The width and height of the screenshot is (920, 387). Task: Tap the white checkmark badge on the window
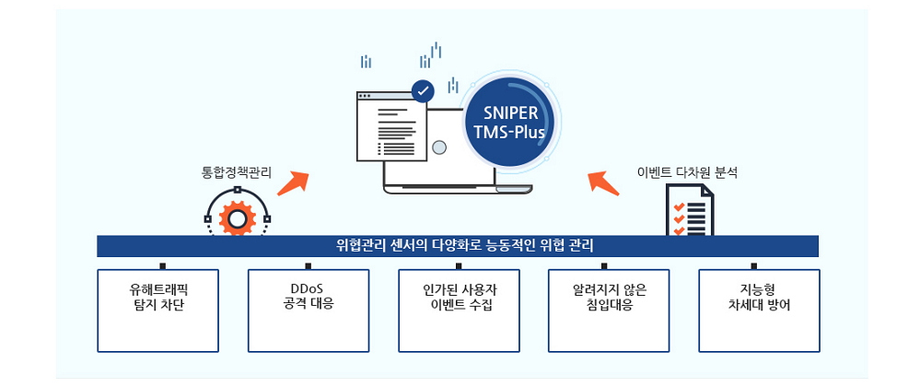[x=423, y=91]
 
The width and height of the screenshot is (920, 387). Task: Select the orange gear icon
[x=237, y=218]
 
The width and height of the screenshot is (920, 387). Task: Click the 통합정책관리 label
[x=237, y=174]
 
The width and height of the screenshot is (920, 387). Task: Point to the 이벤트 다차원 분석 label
[x=687, y=173]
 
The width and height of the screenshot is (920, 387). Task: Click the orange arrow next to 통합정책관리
[x=293, y=183]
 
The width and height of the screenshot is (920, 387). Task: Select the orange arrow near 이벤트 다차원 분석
[x=603, y=182]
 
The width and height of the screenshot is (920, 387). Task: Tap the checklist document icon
[x=690, y=210]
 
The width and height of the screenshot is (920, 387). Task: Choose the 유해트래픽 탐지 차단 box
[x=157, y=311]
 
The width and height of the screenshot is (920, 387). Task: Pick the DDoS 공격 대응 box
[x=309, y=311]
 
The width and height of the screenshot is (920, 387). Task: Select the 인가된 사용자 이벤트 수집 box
[x=459, y=311]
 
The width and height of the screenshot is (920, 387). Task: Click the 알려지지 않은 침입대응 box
[x=609, y=311]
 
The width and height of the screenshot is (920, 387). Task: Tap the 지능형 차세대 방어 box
[x=759, y=311]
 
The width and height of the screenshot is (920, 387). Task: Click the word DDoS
[x=308, y=289]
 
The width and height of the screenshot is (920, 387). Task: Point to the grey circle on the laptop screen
[x=439, y=147]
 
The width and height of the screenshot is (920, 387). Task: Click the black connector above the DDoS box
[x=308, y=266]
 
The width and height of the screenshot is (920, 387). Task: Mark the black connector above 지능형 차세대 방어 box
[x=754, y=266]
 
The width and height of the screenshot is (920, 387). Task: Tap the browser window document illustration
[x=392, y=126]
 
